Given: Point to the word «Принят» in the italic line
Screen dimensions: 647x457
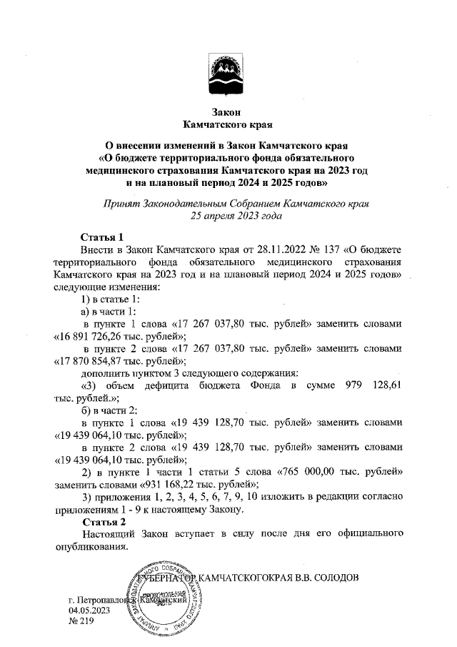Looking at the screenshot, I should [122, 203].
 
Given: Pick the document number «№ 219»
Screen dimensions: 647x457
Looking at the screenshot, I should [81, 623].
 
